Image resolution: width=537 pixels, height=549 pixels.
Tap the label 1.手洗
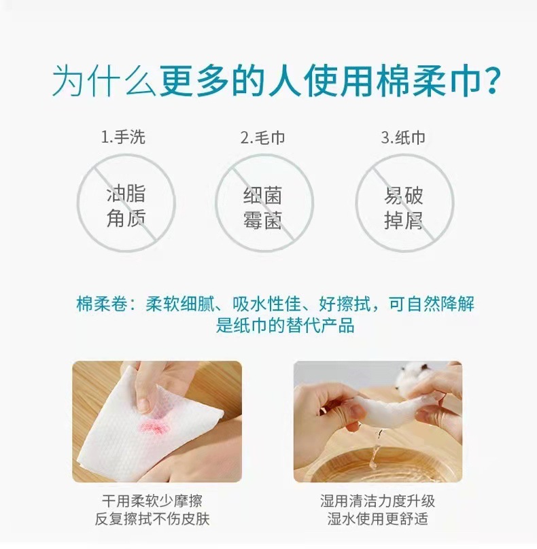(x=122, y=137)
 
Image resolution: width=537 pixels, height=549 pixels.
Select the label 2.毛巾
(x=262, y=138)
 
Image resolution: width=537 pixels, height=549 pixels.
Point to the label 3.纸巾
(x=403, y=138)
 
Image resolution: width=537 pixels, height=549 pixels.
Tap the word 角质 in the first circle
(x=126, y=218)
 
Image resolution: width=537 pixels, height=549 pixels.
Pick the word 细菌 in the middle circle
(x=262, y=196)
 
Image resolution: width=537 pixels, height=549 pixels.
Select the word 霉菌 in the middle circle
(x=262, y=220)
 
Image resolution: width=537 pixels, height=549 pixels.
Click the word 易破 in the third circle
(x=404, y=196)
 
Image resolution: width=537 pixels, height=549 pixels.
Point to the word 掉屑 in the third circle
(x=404, y=220)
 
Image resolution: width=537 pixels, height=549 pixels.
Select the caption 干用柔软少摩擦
(x=152, y=501)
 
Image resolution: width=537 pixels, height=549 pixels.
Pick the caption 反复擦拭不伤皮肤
(x=152, y=519)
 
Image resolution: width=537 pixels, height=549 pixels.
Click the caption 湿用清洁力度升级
(x=378, y=501)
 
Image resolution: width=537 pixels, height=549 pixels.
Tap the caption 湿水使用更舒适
(x=378, y=519)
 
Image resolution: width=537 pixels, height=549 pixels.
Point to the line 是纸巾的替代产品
(x=285, y=325)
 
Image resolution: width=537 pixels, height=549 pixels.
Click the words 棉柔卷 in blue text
(x=102, y=304)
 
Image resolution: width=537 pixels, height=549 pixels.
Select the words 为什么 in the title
(x=104, y=82)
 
